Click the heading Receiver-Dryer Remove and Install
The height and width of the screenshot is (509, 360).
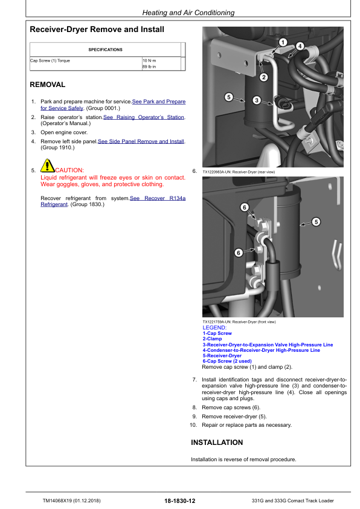[x=97, y=29]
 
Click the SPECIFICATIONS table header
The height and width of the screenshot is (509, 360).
[x=105, y=50]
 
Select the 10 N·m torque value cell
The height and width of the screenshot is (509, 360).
[x=148, y=61]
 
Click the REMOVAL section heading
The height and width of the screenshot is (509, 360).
[x=48, y=85]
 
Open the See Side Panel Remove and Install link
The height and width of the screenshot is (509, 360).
[x=141, y=141]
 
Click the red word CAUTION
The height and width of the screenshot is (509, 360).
[x=69, y=170]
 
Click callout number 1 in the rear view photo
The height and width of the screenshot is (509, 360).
[x=282, y=41]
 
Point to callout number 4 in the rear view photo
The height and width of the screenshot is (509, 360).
[x=300, y=45]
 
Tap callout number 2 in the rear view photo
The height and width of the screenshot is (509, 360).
[x=263, y=77]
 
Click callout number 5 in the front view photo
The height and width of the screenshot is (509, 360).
[x=316, y=222]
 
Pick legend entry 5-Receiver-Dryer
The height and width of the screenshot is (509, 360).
[x=222, y=355]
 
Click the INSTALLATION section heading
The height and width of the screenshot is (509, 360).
[x=217, y=443]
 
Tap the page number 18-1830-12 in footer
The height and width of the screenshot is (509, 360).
[x=179, y=501]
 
